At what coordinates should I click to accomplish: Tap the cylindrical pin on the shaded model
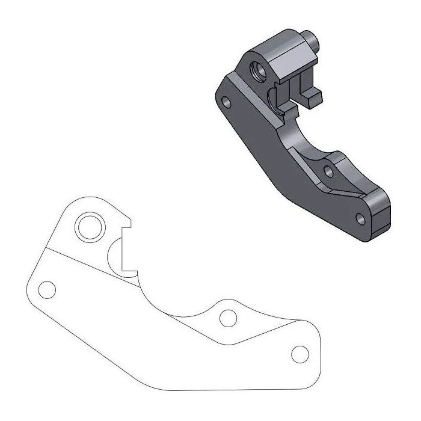(311, 40)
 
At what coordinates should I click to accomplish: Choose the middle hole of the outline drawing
(227, 317)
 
